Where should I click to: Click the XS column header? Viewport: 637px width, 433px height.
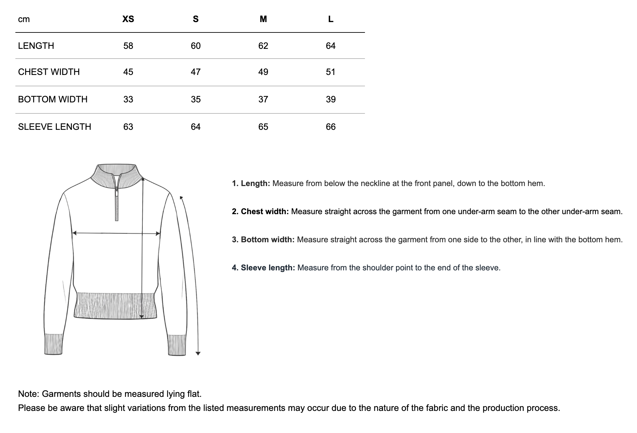pyautogui.click(x=128, y=19)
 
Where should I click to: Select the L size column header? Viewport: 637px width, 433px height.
pyautogui.click(x=331, y=19)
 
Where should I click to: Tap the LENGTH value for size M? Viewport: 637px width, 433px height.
pyautogui.click(x=263, y=46)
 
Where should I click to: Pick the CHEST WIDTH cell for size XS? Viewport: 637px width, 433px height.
pyautogui.click(x=128, y=72)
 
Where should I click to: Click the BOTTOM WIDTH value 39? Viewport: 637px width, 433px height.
pyautogui.click(x=331, y=99)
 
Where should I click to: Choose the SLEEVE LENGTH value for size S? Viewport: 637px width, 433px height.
pyautogui.click(x=196, y=127)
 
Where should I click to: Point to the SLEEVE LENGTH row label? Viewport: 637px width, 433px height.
pyautogui.click(x=54, y=127)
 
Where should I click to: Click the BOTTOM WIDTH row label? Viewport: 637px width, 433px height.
pyautogui.click(x=53, y=99)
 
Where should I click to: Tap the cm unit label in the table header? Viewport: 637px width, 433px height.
pyautogui.click(x=24, y=19)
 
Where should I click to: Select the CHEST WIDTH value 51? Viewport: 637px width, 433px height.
pyautogui.click(x=331, y=72)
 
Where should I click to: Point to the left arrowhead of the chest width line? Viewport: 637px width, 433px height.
pyautogui.click(x=75, y=233)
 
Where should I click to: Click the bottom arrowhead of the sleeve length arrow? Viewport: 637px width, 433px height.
pyautogui.click(x=198, y=353)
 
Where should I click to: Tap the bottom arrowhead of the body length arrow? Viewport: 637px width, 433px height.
pyautogui.click(x=141, y=316)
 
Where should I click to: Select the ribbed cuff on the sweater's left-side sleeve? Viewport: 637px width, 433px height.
pyautogui.click(x=53, y=344)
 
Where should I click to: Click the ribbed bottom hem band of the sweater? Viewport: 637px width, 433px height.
pyautogui.click(x=115, y=306)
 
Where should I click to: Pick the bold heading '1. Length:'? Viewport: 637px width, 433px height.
pyautogui.click(x=251, y=183)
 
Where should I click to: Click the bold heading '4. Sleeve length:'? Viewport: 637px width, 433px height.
pyautogui.click(x=263, y=268)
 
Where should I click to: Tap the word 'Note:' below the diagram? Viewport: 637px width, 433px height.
pyautogui.click(x=29, y=394)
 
